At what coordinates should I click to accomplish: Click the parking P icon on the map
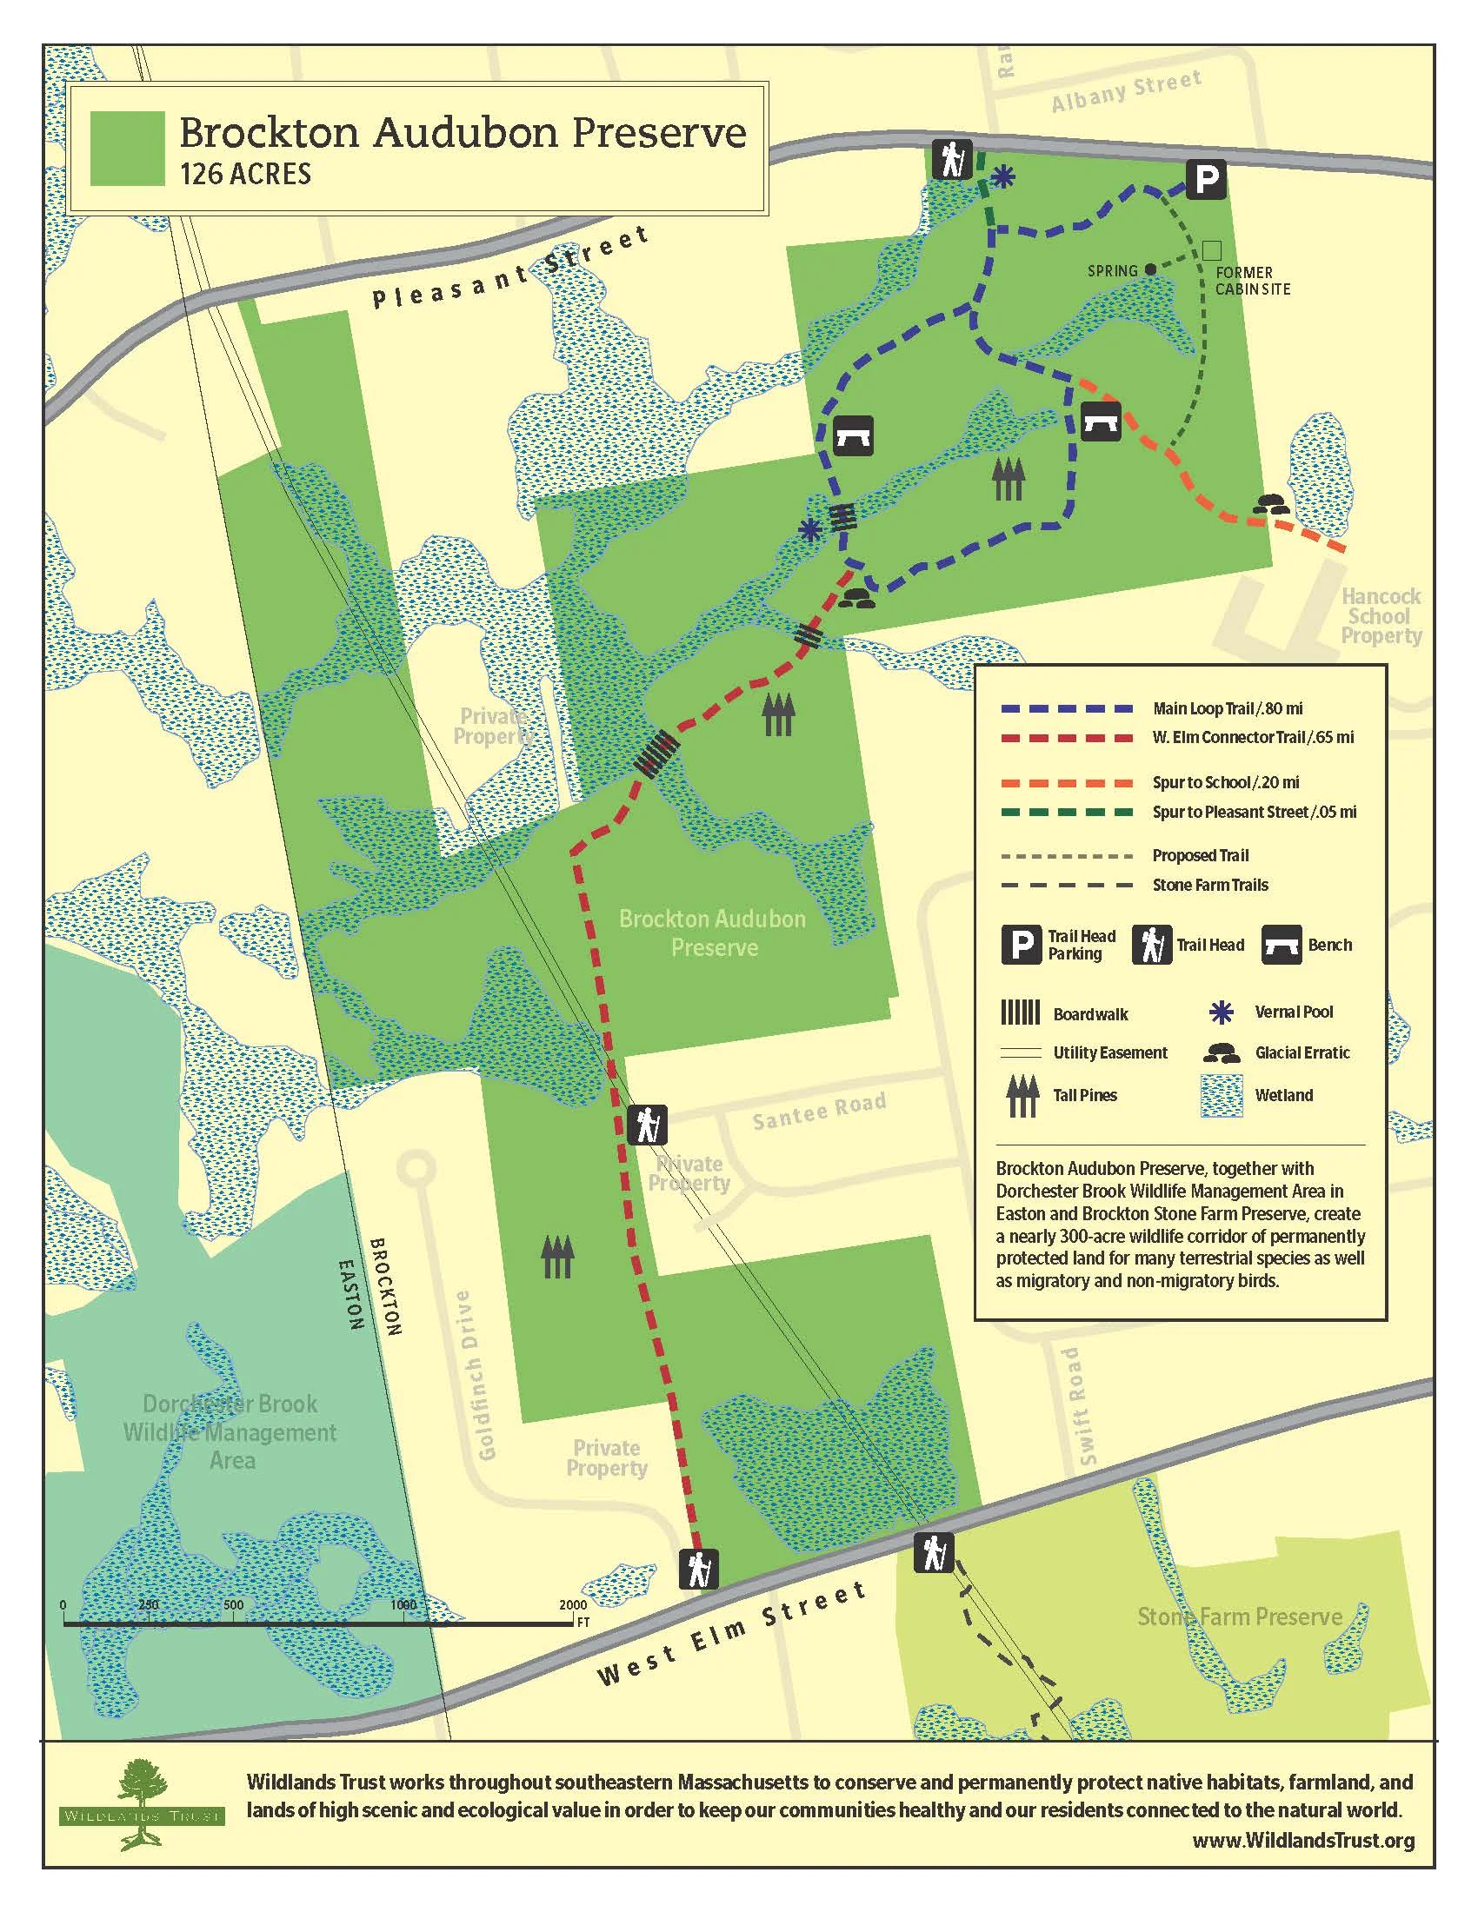[1206, 181]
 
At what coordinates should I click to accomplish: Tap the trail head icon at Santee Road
[647, 1125]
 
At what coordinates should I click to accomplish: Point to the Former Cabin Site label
[1252, 281]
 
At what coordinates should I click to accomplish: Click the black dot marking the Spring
[1149, 269]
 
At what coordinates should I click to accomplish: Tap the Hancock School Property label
[1381, 616]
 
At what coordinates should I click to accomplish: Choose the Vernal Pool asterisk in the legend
[1221, 1012]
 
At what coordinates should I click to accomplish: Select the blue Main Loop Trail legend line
[1068, 708]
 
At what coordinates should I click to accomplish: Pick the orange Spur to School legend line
[1068, 783]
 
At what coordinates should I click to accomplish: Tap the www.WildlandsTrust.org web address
[1303, 1841]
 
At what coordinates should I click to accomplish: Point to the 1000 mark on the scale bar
[403, 1605]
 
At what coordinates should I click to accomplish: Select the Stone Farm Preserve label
[1239, 1617]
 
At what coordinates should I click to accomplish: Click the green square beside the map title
[128, 149]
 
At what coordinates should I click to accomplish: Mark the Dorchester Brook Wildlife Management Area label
[230, 1431]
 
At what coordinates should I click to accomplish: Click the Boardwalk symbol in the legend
[1020, 1012]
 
